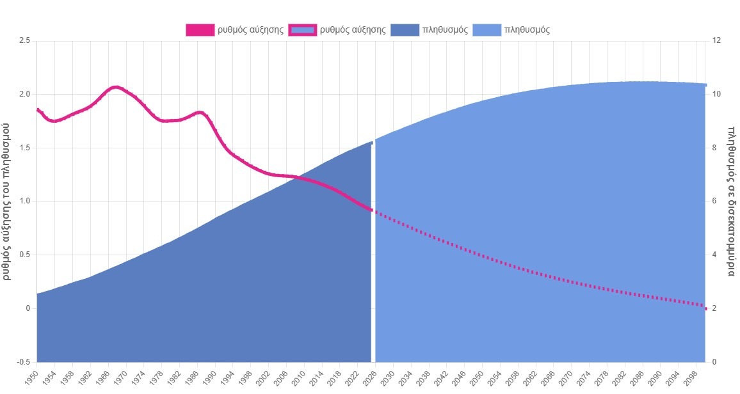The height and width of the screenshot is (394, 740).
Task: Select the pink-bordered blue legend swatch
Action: (x=302, y=30)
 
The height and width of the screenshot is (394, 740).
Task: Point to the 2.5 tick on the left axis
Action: (x=25, y=40)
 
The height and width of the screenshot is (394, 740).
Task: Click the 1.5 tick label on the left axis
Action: (x=25, y=148)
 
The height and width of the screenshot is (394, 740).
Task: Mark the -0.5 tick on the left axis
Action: (x=24, y=362)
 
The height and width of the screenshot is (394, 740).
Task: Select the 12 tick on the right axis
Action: (x=716, y=40)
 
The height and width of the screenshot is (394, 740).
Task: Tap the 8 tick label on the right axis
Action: (x=714, y=148)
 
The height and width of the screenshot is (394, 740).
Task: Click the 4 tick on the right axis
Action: (x=714, y=255)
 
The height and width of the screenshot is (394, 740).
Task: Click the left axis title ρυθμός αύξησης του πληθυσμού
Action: (x=7, y=201)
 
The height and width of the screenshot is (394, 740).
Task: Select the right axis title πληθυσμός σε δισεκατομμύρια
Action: (x=732, y=201)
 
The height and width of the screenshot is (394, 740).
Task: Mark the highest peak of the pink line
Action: (x=116, y=87)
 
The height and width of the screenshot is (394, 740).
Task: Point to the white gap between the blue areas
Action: (x=373, y=256)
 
